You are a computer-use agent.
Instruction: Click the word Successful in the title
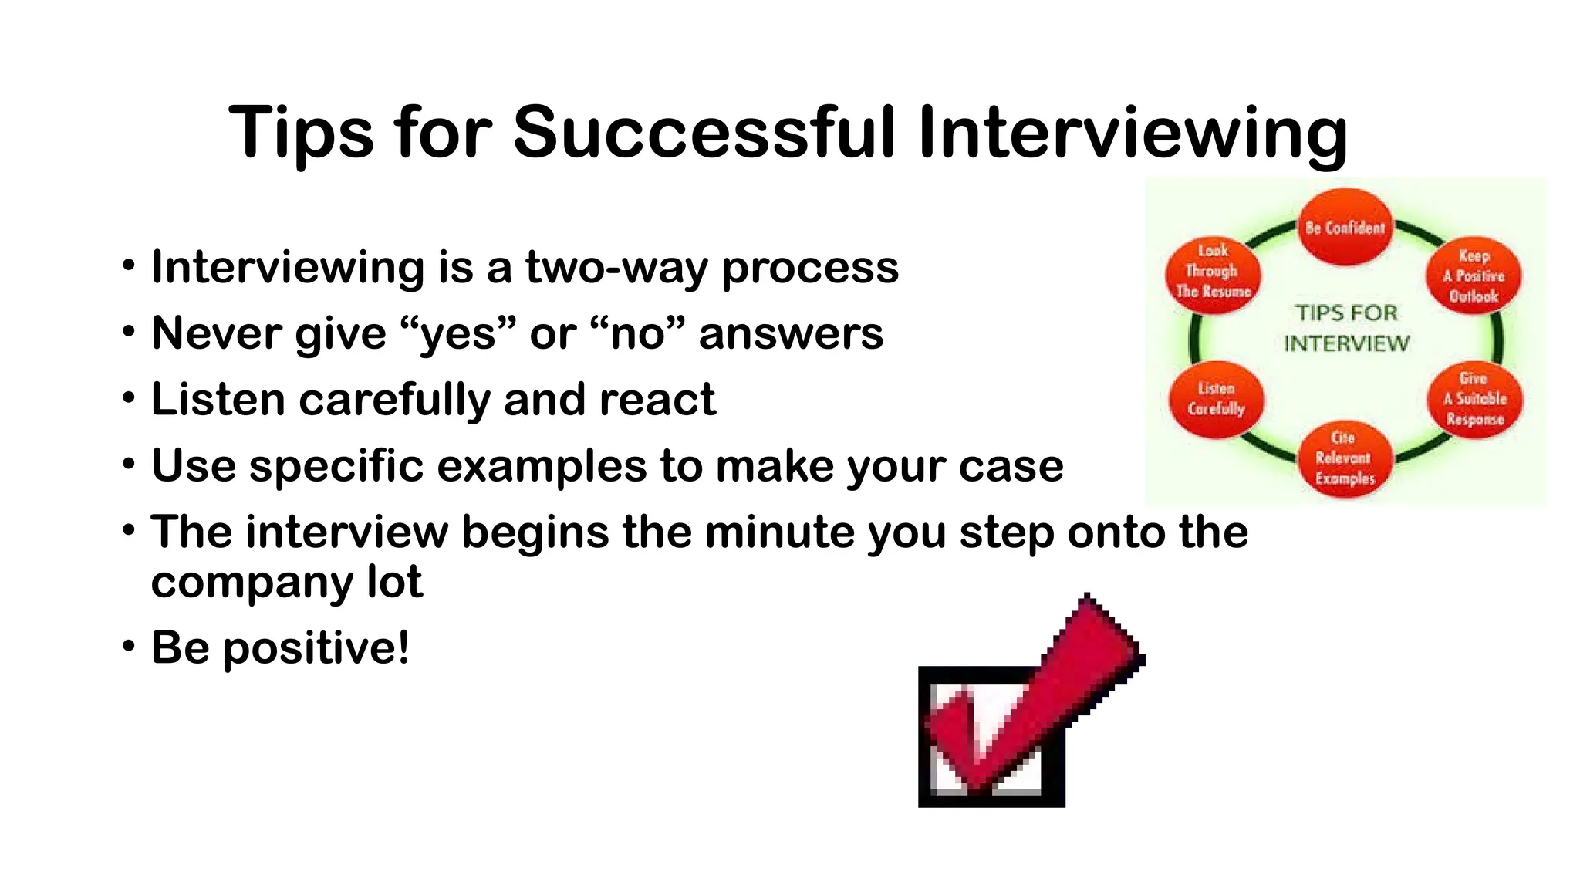[x=704, y=133]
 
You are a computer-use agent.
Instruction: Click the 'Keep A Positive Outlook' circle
[x=1474, y=275]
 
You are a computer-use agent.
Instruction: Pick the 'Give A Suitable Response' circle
[x=1474, y=399]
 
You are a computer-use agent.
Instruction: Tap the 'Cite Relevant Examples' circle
[x=1345, y=458]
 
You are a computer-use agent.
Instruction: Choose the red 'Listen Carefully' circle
[x=1216, y=399]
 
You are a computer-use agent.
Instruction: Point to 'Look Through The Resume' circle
[x=1213, y=272]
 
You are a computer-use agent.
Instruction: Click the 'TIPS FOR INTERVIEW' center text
[x=1346, y=328]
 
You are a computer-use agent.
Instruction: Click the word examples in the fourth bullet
[x=542, y=467]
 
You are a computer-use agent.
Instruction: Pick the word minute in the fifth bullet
[x=778, y=532]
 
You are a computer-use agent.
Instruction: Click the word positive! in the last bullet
[x=316, y=648]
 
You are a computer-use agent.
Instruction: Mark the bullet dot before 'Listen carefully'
[x=128, y=398]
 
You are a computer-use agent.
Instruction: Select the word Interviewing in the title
[x=1133, y=133]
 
